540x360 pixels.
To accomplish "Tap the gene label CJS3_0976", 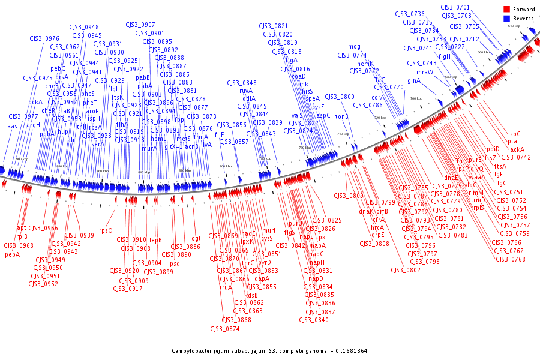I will [44, 39].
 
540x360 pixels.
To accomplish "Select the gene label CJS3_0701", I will [455, 8].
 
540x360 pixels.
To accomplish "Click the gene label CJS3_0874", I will [224, 329].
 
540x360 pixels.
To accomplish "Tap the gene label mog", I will [354, 47].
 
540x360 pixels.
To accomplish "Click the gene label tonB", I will [341, 116].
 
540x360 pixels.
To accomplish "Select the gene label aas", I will [12, 127].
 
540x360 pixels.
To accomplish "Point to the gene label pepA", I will [12, 254].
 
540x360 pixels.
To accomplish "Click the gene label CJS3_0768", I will [511, 259].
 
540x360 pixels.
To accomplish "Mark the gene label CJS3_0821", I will [273, 26].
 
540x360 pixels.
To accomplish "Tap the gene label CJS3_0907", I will [140, 25].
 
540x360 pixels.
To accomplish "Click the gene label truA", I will [226, 287].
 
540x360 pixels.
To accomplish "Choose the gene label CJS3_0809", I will [349, 196].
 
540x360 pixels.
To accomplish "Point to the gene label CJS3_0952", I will [43, 284].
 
